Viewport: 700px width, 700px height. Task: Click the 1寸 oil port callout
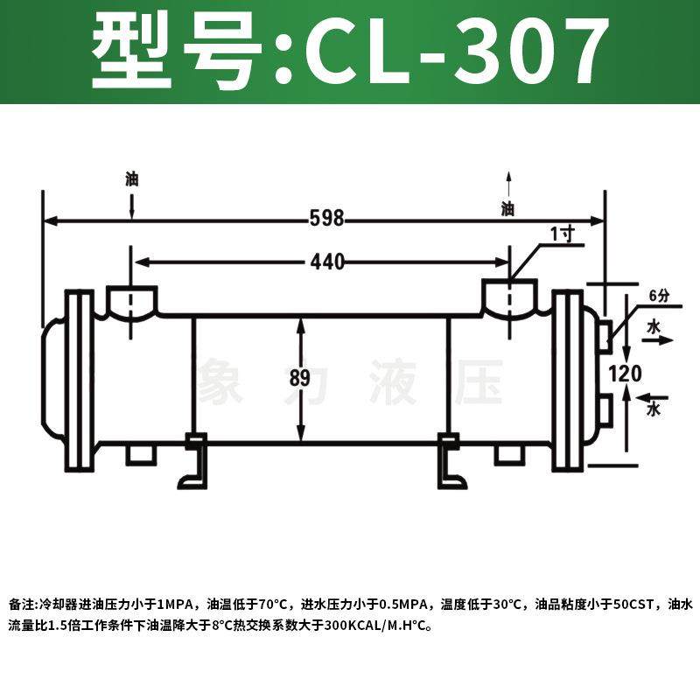pos(562,233)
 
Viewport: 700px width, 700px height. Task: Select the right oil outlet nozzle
pos(510,300)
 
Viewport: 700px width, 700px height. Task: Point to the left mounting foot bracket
pos(193,461)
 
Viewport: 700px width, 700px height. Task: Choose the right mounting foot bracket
pos(450,461)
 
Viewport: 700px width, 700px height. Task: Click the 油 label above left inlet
pos(132,180)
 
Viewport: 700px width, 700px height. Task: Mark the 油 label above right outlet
pos(508,209)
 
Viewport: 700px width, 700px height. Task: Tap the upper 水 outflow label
pos(653,325)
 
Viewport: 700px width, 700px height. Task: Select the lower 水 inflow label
pos(653,409)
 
